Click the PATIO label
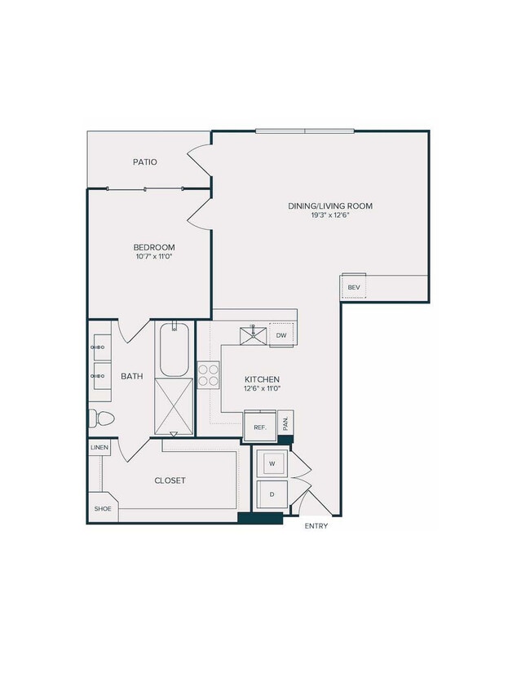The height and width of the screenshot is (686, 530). (145, 162)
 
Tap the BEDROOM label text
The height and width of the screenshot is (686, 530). (154, 247)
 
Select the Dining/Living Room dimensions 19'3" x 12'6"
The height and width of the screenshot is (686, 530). (329, 216)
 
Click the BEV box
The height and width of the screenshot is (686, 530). (354, 287)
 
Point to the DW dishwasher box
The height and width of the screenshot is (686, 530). (280, 334)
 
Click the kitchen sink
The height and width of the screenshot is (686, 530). (252, 334)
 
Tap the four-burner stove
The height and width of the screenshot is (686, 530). (208, 374)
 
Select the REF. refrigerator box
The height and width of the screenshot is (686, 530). (260, 427)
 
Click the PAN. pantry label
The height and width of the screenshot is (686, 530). (285, 423)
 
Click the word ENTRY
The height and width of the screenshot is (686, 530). (316, 526)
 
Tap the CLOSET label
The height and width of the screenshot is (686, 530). (170, 480)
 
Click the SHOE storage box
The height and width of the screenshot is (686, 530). (102, 508)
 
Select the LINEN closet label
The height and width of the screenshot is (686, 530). (99, 448)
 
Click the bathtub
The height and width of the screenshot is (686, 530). (174, 350)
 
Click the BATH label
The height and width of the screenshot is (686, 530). (132, 376)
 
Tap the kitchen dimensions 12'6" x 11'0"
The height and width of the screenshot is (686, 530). (263, 389)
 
